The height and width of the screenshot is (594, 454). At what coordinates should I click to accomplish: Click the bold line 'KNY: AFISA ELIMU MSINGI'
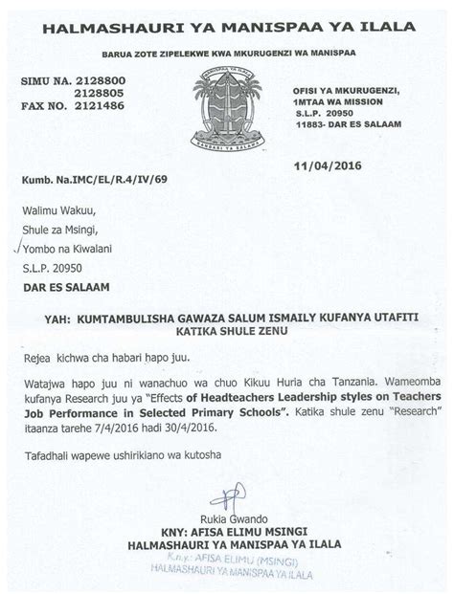[x=227, y=532]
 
